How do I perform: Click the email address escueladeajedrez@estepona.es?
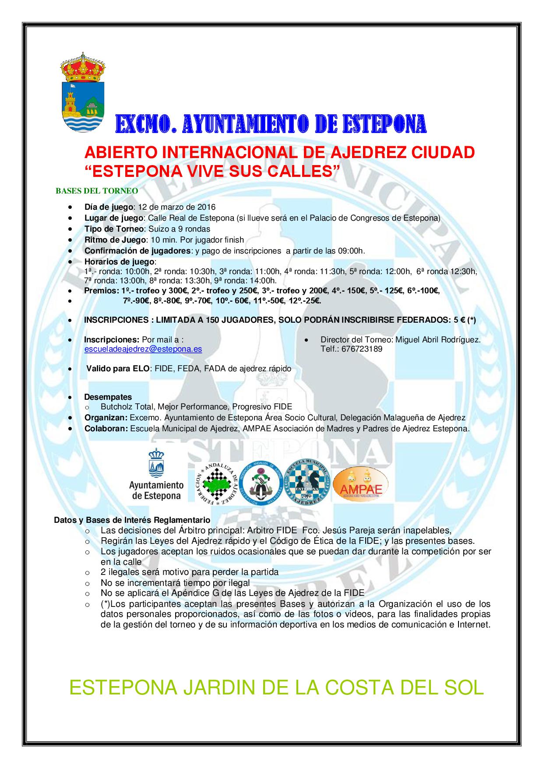tap(143, 349)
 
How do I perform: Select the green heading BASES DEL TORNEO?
tap(97, 191)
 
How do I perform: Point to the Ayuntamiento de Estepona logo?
tap(156, 475)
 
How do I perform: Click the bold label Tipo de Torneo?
tap(114, 229)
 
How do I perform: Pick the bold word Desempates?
tap(108, 397)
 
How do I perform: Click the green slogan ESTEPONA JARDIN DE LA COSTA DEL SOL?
tap(276, 688)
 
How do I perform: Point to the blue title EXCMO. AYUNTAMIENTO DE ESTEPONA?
tap(271, 124)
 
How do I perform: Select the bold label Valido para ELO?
tap(118, 369)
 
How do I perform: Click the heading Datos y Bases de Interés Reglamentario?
tap(132, 520)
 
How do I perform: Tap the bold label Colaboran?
tap(106, 429)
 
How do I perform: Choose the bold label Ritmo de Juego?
tap(115, 240)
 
